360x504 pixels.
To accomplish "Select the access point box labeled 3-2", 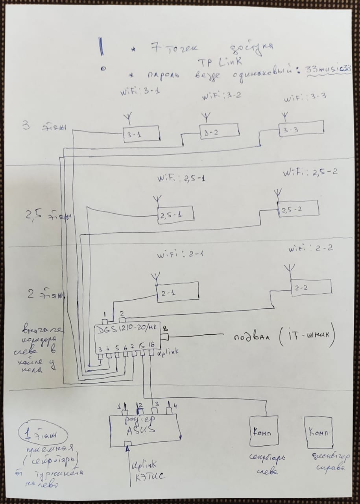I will [219, 132].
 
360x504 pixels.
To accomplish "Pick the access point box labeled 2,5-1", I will [176, 215].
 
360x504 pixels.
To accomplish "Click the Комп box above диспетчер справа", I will [319, 432].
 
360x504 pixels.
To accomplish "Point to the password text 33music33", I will [327, 70].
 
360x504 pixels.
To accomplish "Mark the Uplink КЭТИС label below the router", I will [147, 471].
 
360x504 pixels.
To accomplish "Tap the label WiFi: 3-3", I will [305, 97].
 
